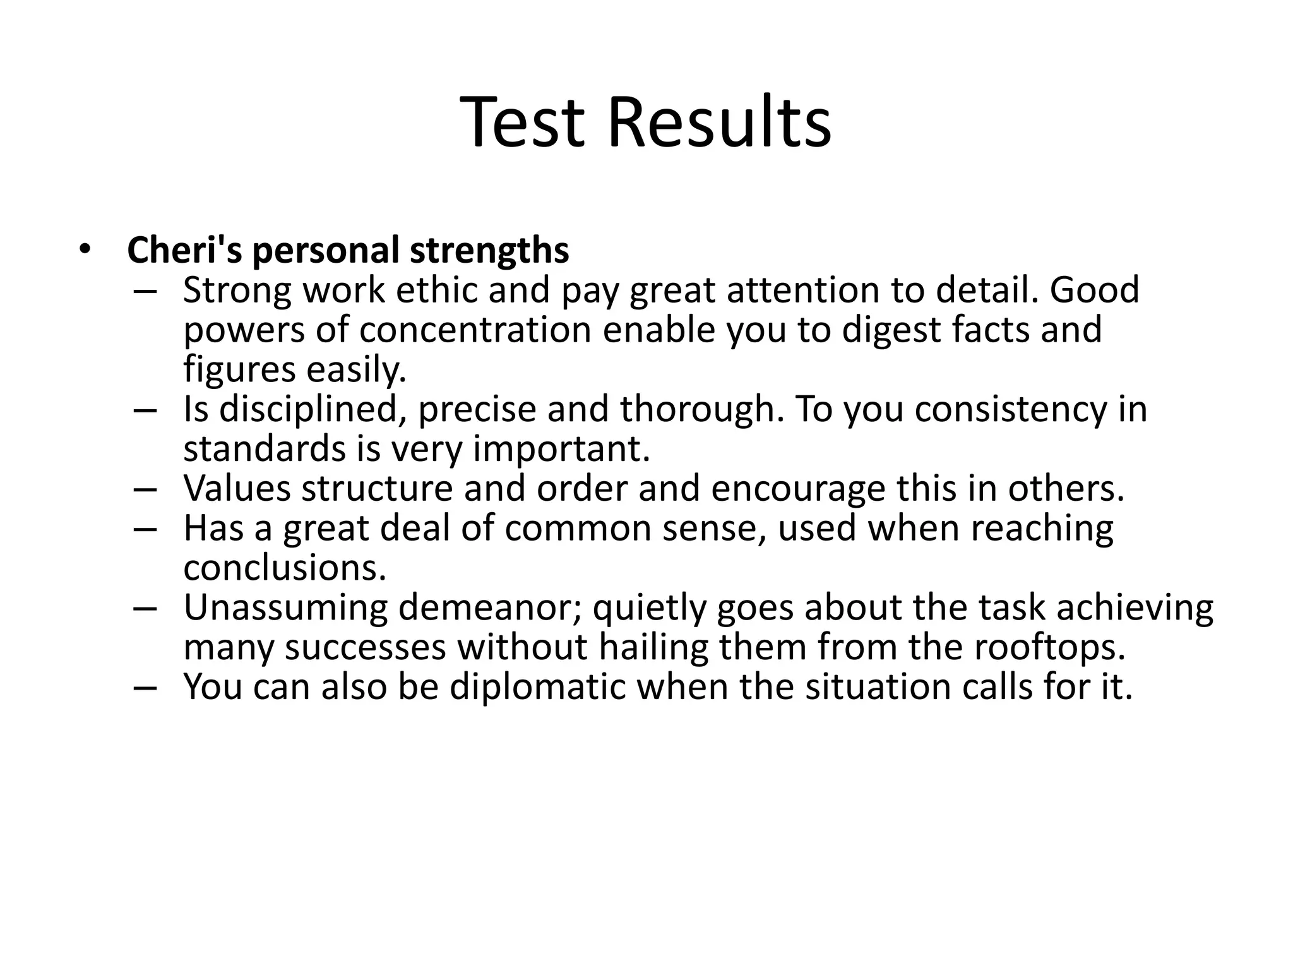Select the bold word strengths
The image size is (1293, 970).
(x=489, y=250)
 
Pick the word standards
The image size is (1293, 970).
(x=264, y=449)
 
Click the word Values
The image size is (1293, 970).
(x=236, y=489)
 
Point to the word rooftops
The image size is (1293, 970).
(x=1049, y=648)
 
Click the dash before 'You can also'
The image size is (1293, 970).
(x=145, y=688)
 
